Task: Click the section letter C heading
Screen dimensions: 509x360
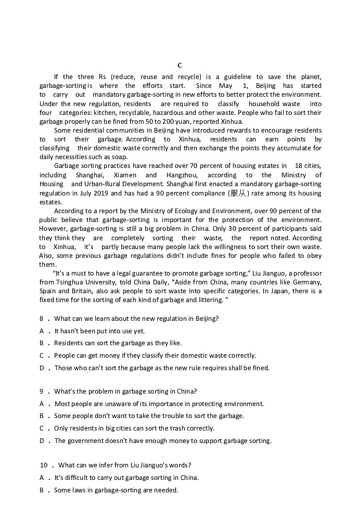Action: tap(179, 66)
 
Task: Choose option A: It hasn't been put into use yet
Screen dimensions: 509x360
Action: tap(99, 331)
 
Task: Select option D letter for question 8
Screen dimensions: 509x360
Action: tap(42, 368)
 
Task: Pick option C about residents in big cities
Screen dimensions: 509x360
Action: tap(134, 428)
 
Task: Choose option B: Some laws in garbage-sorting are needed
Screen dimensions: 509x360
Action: tap(115, 490)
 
